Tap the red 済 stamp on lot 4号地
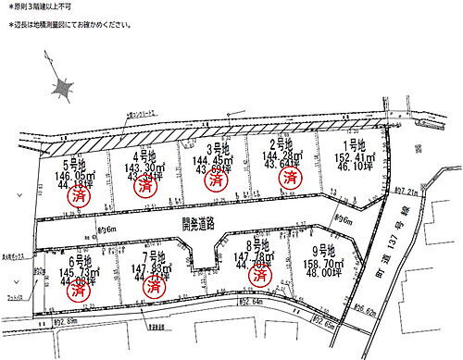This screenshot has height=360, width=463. [145, 184]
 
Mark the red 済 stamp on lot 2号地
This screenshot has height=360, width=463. [292, 176]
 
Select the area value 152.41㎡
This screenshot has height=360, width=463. [355, 158]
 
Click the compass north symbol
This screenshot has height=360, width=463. [62, 88]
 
